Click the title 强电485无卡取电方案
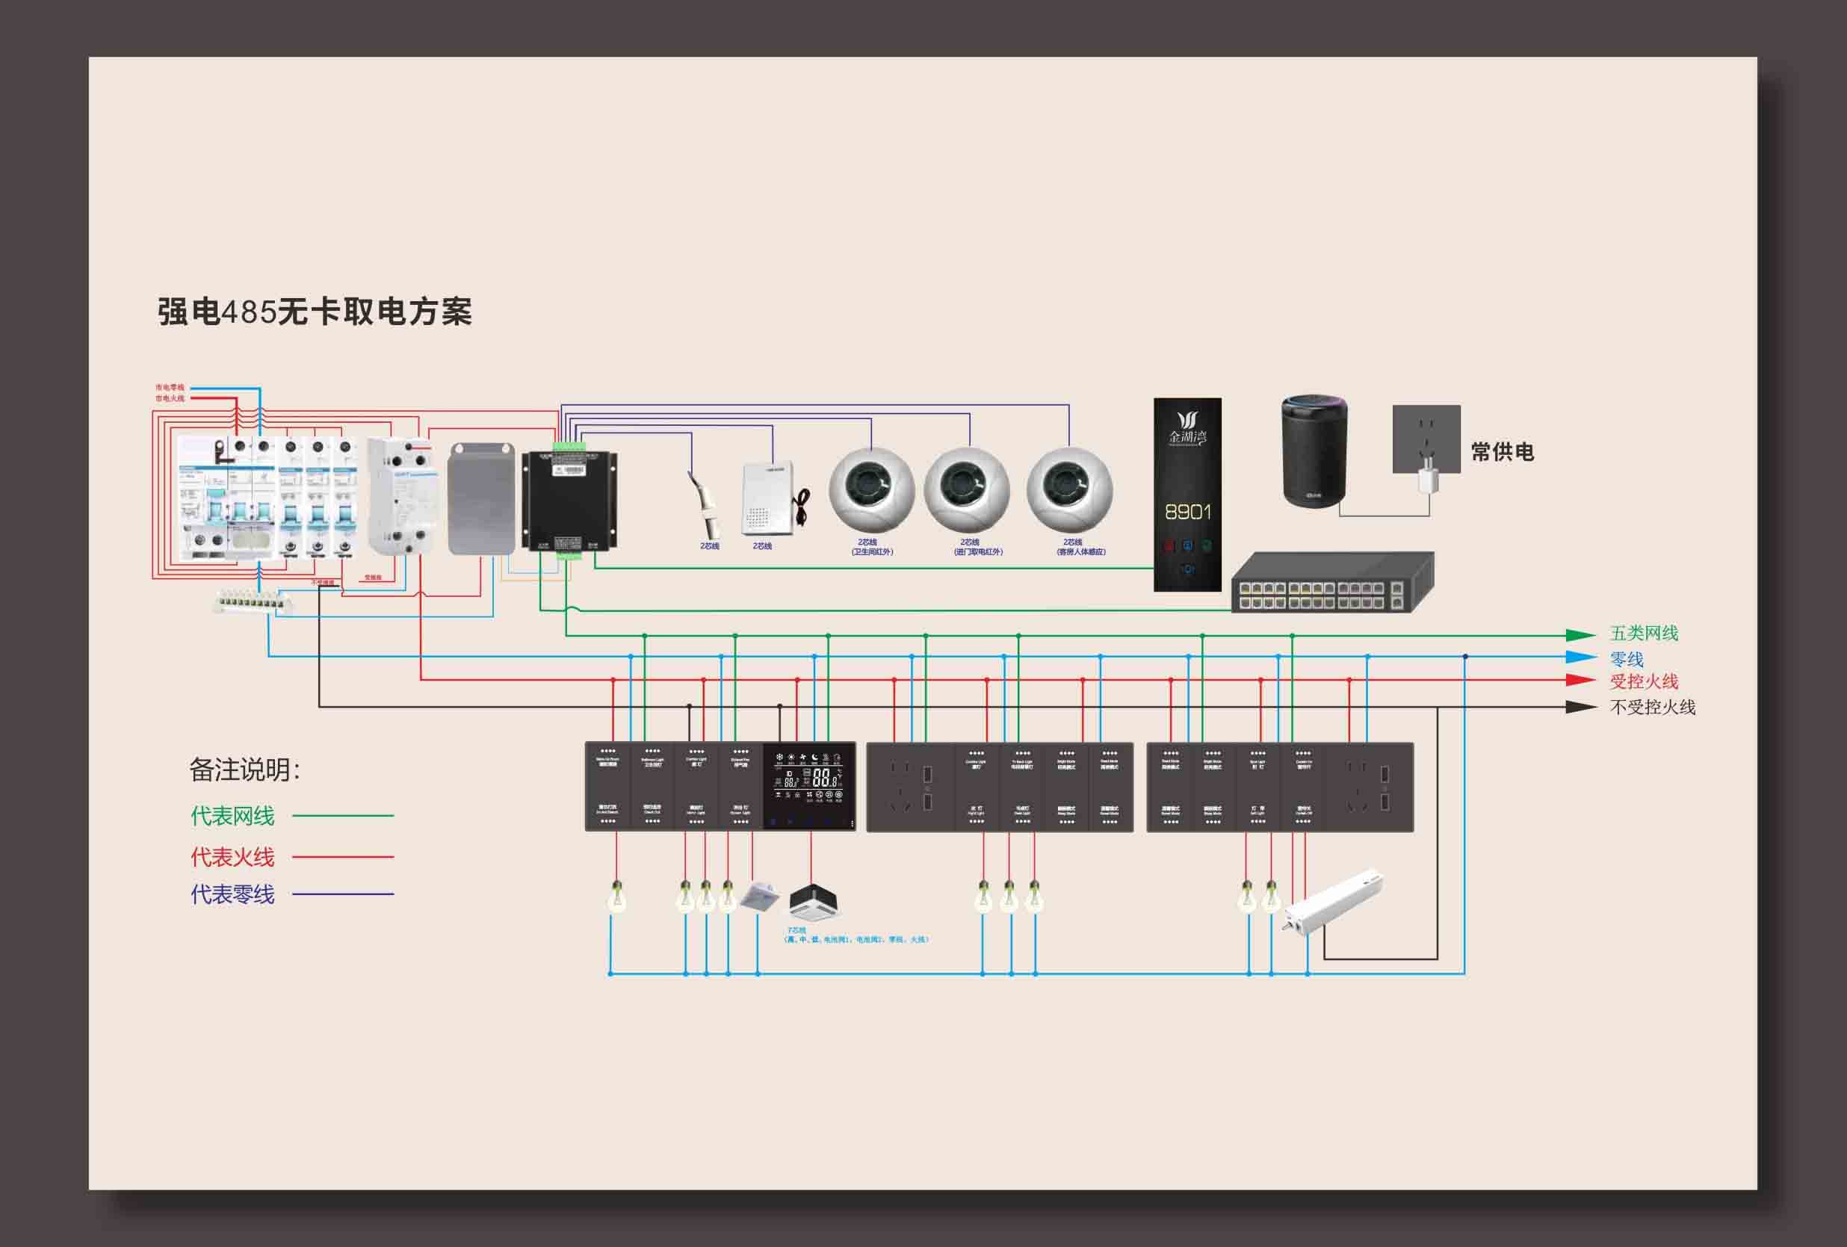click(x=315, y=311)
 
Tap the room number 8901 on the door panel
click(x=1187, y=512)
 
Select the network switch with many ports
click(x=1332, y=583)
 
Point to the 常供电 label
click(x=1502, y=452)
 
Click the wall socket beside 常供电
click(x=1426, y=439)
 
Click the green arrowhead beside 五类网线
click(x=1580, y=635)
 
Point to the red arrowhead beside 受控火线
click(x=1580, y=681)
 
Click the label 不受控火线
click(x=1652, y=707)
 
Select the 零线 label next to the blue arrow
click(x=1626, y=659)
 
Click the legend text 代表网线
click(x=232, y=815)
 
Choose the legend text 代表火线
click(x=232, y=857)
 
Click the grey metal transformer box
click(x=482, y=498)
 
